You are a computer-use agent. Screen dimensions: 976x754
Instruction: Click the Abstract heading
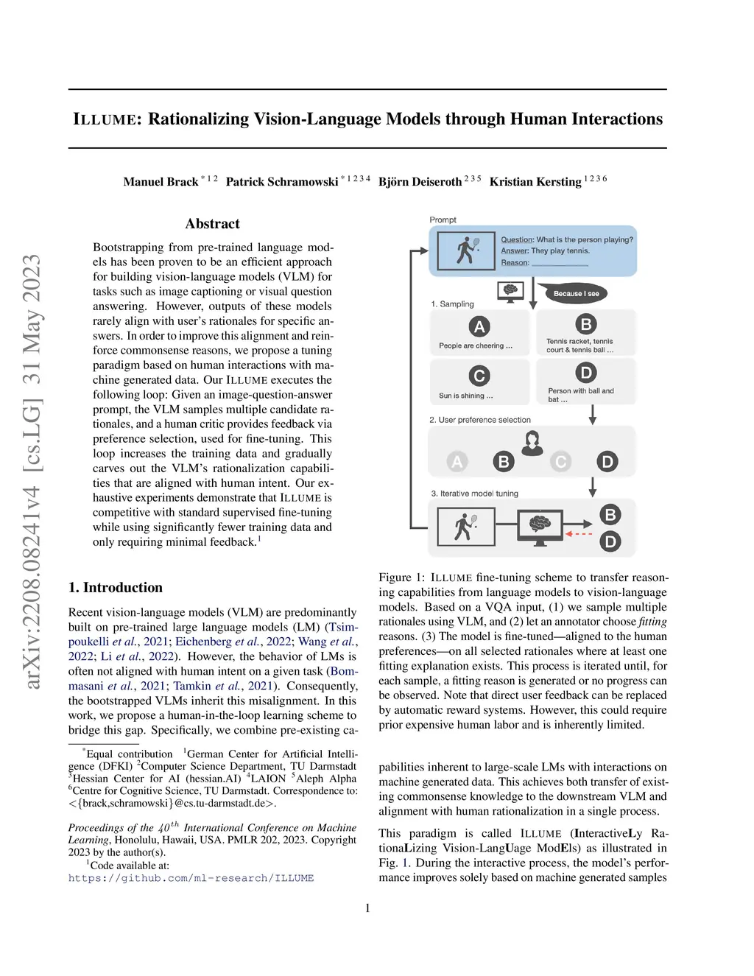pos(212,224)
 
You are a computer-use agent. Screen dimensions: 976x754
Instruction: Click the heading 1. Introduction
pos(116,588)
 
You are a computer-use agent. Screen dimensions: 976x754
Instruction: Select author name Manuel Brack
pos(161,182)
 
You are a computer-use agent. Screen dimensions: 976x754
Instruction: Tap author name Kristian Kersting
pos(535,182)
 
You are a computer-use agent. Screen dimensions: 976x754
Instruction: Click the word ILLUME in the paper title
pos(105,119)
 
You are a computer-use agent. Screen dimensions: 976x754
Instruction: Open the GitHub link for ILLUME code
pos(191,878)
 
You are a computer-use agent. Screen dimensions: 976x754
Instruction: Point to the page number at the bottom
pos(367,908)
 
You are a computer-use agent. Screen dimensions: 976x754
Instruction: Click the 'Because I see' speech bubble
pos(576,293)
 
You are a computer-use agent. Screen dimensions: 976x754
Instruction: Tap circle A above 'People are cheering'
pos(479,326)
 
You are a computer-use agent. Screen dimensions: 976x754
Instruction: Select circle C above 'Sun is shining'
pos(479,376)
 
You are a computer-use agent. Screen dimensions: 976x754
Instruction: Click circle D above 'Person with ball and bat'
pos(585,373)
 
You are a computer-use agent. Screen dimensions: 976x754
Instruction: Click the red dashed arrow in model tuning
pos(579,533)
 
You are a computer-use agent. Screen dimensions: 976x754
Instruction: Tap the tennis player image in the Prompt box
pos(465,250)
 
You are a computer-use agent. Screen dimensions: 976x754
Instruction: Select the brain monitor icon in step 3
pos(540,526)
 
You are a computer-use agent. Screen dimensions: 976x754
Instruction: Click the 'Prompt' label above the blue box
pos(443,220)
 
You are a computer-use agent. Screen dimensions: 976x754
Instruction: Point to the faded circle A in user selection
pos(457,462)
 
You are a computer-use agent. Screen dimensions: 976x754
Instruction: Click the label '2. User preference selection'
pos(480,420)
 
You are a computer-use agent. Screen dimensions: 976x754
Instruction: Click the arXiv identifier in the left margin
pos(32,471)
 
